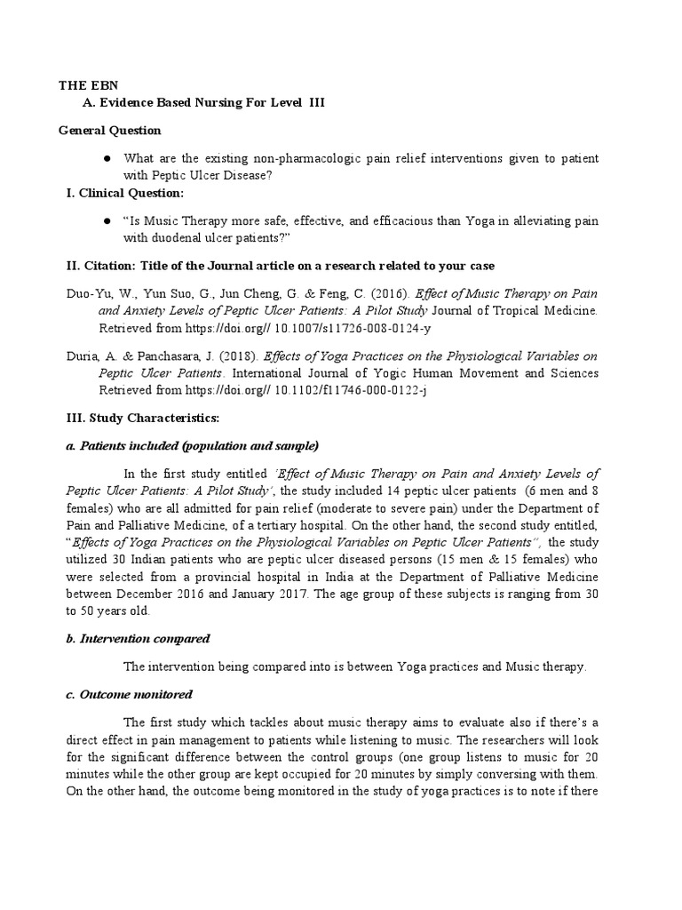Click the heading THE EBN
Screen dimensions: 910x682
pyautogui.click(x=88, y=85)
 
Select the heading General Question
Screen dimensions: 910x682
pyautogui.click(x=110, y=131)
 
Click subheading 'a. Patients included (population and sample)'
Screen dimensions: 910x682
pyautogui.click(x=193, y=445)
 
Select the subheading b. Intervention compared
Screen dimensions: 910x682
pyautogui.click(x=139, y=638)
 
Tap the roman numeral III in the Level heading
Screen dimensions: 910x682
pyautogui.click(x=317, y=103)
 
